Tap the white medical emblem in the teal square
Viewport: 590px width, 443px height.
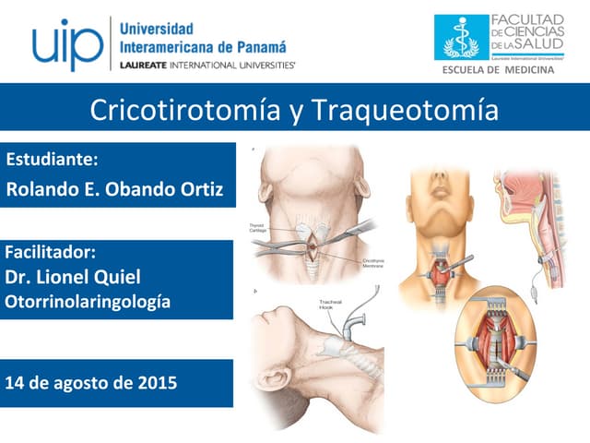pyautogui.click(x=461, y=37)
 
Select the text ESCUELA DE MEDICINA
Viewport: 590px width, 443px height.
pyautogui.click(x=498, y=70)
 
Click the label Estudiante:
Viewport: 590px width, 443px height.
pyautogui.click(x=52, y=159)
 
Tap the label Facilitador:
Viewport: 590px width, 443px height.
pyautogui.click(x=51, y=252)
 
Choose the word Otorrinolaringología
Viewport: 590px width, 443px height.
pyautogui.click(x=88, y=301)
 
